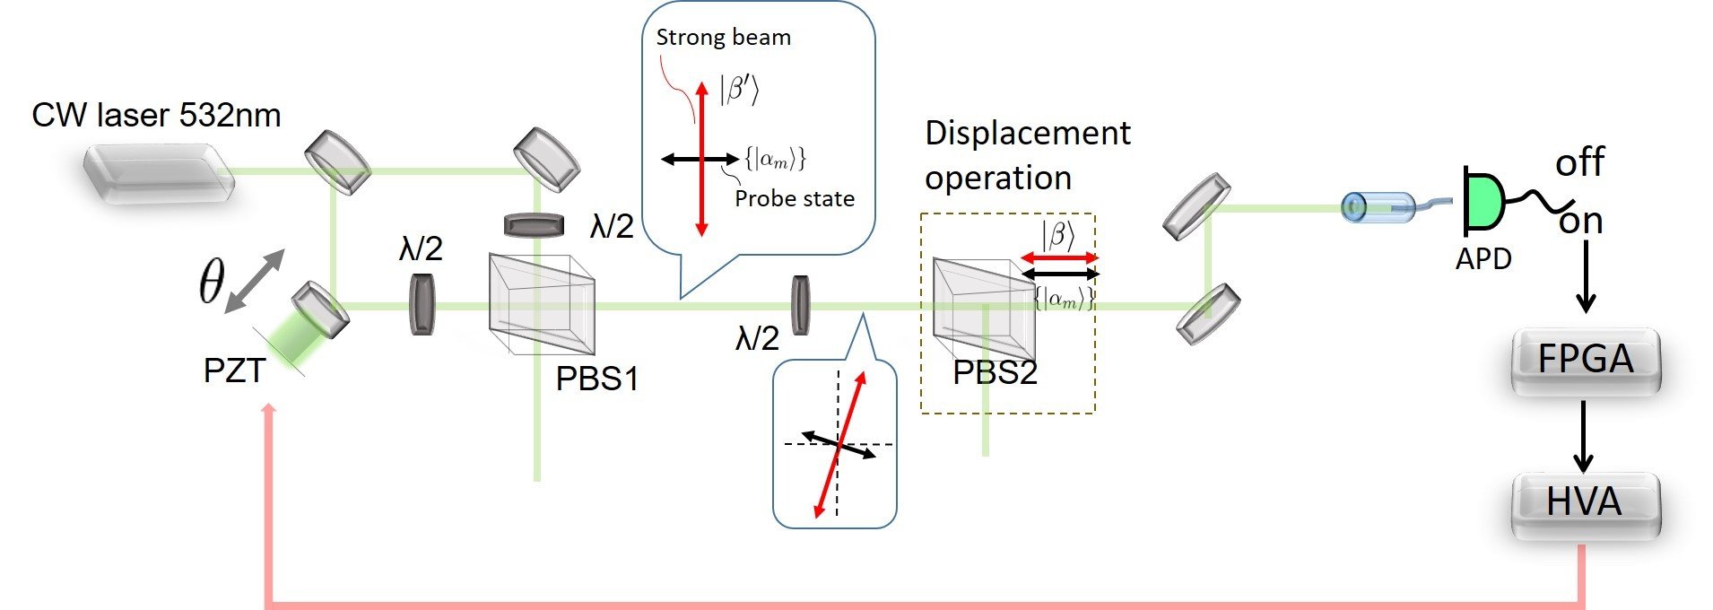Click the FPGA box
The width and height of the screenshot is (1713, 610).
[x=1585, y=359]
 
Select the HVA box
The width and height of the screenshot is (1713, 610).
[x=1585, y=502]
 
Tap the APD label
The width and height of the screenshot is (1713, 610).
[x=1483, y=258]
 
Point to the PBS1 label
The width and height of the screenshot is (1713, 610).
[x=596, y=379]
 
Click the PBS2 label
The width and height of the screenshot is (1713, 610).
[x=995, y=372]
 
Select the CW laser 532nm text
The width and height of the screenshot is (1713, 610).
[x=156, y=115]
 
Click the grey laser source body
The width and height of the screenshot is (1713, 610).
[x=159, y=174]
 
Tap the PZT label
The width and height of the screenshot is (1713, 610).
[x=234, y=370]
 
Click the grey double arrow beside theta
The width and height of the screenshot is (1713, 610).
[x=255, y=281]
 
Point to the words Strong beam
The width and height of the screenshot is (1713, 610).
[x=723, y=38]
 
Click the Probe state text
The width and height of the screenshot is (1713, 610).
[x=794, y=198]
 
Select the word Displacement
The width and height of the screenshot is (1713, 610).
[x=1027, y=133]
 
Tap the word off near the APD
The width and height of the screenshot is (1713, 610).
[x=1579, y=162]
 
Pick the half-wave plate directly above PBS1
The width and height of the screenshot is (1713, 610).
[x=534, y=224]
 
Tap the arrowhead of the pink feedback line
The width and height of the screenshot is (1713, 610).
[x=268, y=409]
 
